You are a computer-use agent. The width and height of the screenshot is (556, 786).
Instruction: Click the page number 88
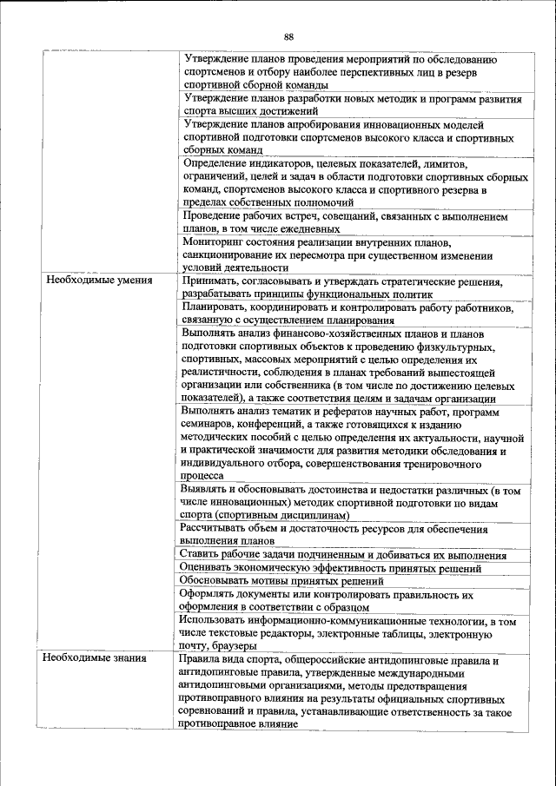[x=288, y=36]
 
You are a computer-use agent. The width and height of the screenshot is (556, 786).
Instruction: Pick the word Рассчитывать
[x=217, y=528]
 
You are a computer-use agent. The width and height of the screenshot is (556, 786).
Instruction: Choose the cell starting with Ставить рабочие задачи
[x=342, y=555]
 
